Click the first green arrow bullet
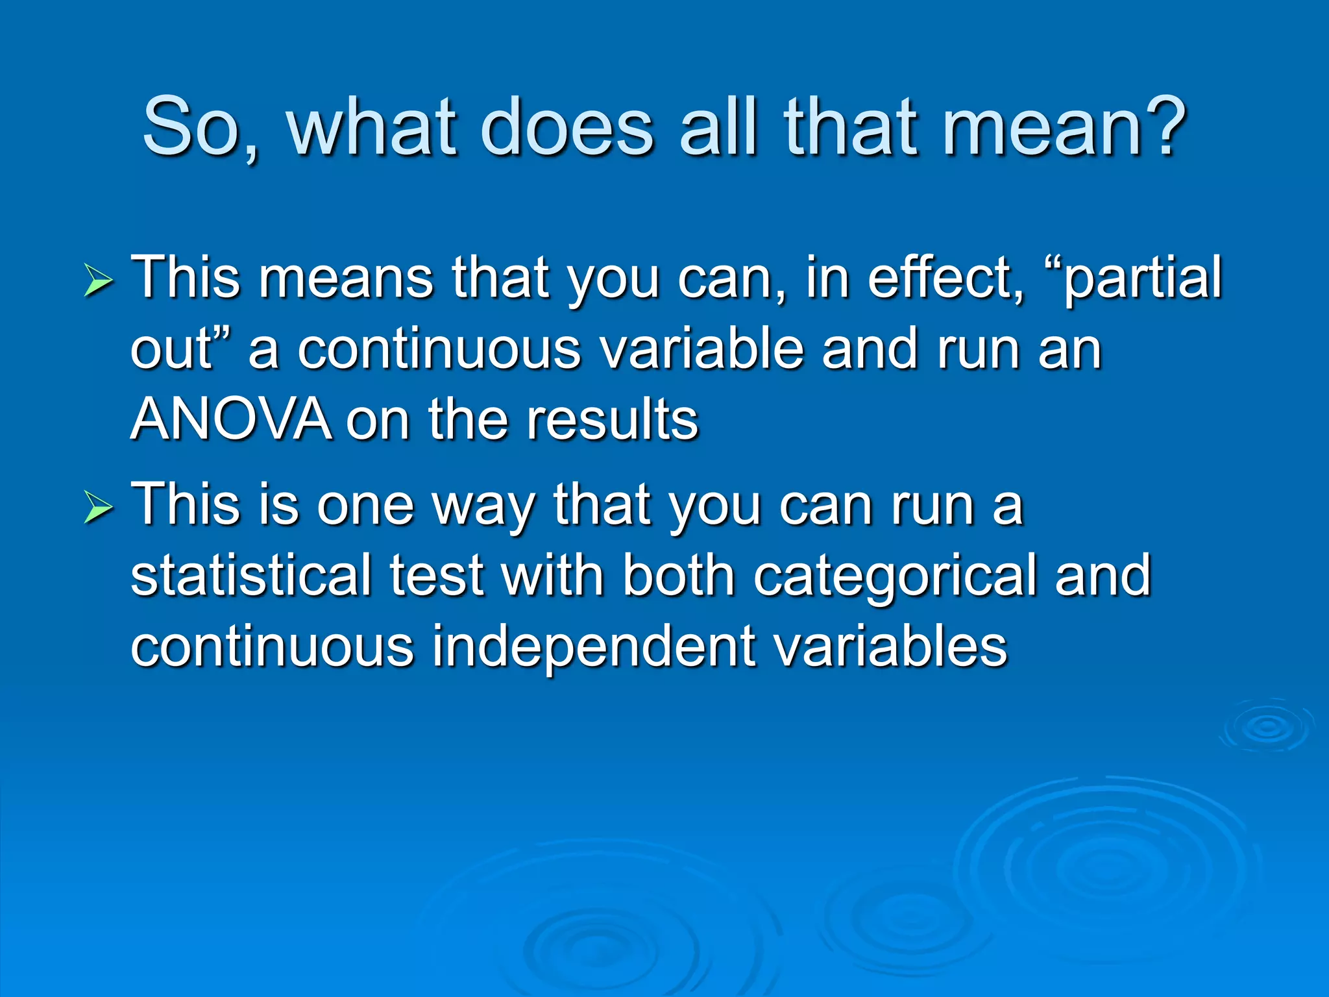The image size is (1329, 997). tap(99, 283)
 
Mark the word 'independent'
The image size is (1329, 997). tap(594, 647)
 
